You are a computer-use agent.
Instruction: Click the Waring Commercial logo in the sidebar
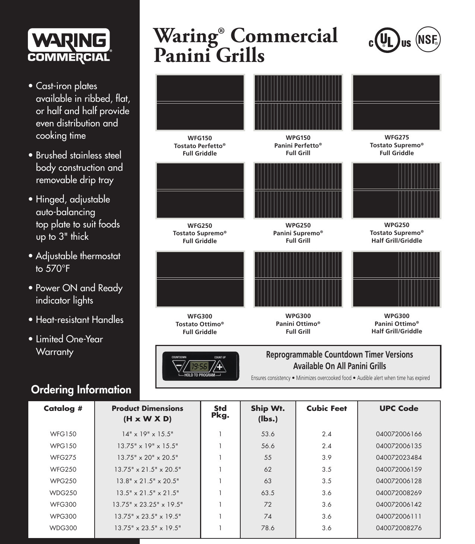tap(69, 46)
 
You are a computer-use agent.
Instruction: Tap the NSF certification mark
tap(428, 40)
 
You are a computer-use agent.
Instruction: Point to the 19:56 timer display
tap(199, 367)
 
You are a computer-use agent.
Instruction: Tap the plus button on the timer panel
tap(220, 367)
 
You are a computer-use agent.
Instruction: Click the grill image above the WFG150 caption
tap(200, 103)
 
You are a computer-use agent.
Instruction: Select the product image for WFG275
tap(396, 103)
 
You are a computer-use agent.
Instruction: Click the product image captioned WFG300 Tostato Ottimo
tap(200, 279)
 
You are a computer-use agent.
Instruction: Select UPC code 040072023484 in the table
tap(399, 457)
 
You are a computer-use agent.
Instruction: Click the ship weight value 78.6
tap(267, 528)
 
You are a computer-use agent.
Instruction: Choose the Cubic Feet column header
tap(326, 409)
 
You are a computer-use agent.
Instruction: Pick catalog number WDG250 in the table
tap(63, 493)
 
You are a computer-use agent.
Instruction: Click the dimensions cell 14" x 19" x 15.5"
tap(148, 434)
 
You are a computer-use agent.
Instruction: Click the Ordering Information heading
tap(81, 390)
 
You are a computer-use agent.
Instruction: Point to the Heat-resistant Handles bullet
tap(79, 320)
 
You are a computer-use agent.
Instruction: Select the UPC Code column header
tap(399, 409)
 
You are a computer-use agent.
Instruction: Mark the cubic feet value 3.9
tap(326, 457)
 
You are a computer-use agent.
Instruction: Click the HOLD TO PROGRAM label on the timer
tap(199, 375)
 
